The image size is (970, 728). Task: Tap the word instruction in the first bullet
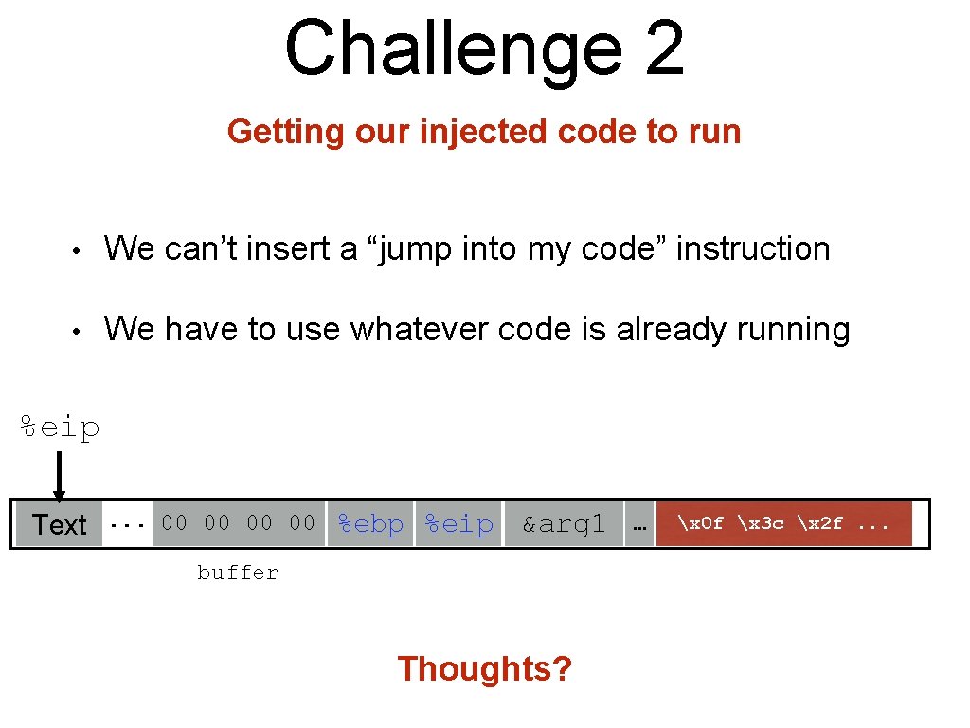pos(753,248)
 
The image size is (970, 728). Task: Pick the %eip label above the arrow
pos(61,428)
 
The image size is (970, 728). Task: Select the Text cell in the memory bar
pos(59,524)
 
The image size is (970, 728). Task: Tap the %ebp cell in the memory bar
pos(370,524)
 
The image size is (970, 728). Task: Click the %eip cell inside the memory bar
pos(458,524)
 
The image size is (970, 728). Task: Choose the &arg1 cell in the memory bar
pos(563,524)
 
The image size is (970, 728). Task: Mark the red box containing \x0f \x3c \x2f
pos(783,523)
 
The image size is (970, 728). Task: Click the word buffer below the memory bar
pos(238,573)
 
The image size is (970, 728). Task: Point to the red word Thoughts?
pos(485,669)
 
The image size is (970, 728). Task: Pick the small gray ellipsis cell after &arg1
pos(638,524)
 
